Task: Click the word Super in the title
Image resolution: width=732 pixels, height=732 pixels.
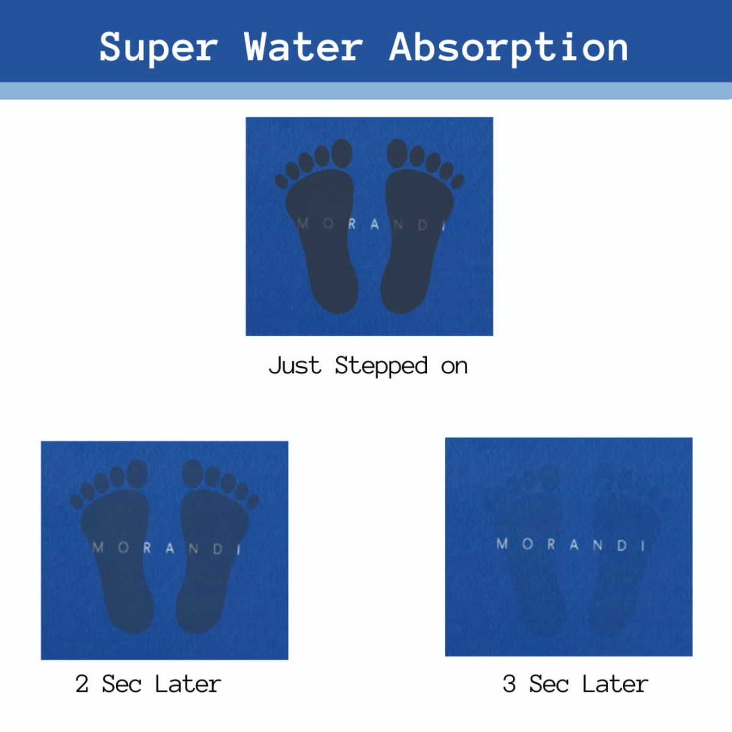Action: (159, 48)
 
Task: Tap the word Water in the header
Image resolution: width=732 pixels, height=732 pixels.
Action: (303, 48)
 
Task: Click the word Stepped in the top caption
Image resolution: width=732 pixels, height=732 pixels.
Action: (381, 366)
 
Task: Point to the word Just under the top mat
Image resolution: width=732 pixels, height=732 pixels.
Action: (295, 365)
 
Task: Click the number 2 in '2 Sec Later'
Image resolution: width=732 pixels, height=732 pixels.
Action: (82, 684)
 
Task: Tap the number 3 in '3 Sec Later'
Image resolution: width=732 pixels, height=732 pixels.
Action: (509, 684)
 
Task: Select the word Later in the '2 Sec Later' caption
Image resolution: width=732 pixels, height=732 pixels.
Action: (187, 684)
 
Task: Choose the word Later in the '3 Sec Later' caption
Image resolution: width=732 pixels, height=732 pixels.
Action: (614, 684)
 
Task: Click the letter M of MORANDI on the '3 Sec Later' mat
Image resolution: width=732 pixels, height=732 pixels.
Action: (502, 544)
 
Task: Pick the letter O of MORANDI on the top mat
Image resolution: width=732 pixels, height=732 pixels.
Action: (328, 223)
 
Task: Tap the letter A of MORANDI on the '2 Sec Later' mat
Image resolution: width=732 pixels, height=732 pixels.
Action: (170, 548)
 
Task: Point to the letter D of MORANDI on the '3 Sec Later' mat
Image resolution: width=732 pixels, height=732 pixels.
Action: (622, 545)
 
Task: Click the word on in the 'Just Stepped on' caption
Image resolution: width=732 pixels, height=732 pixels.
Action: (454, 367)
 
